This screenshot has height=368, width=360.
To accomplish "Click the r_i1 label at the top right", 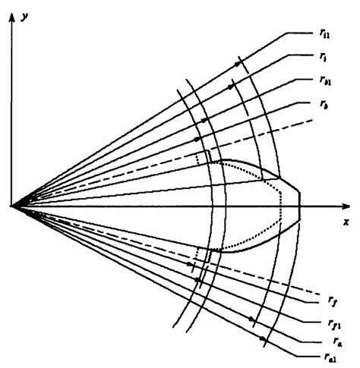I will pos(326,33).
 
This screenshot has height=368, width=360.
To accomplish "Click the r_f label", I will pos(325,300).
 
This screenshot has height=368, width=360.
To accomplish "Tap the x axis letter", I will pos(345,222).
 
